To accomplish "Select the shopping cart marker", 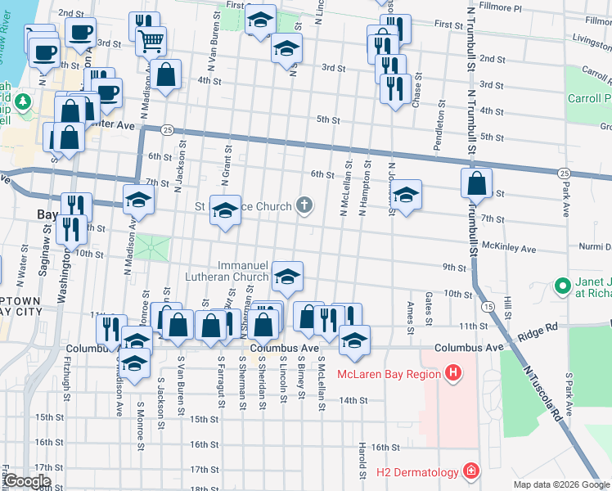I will [149, 39].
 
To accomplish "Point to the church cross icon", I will [304, 205].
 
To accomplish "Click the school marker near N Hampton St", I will [405, 195].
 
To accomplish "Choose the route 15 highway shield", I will [488, 306].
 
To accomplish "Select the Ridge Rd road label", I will [540, 327].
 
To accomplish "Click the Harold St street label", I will [361, 462].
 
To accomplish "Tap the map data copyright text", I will [561, 484].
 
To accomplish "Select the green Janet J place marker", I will [562, 286].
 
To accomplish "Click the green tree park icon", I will [25, 101].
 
